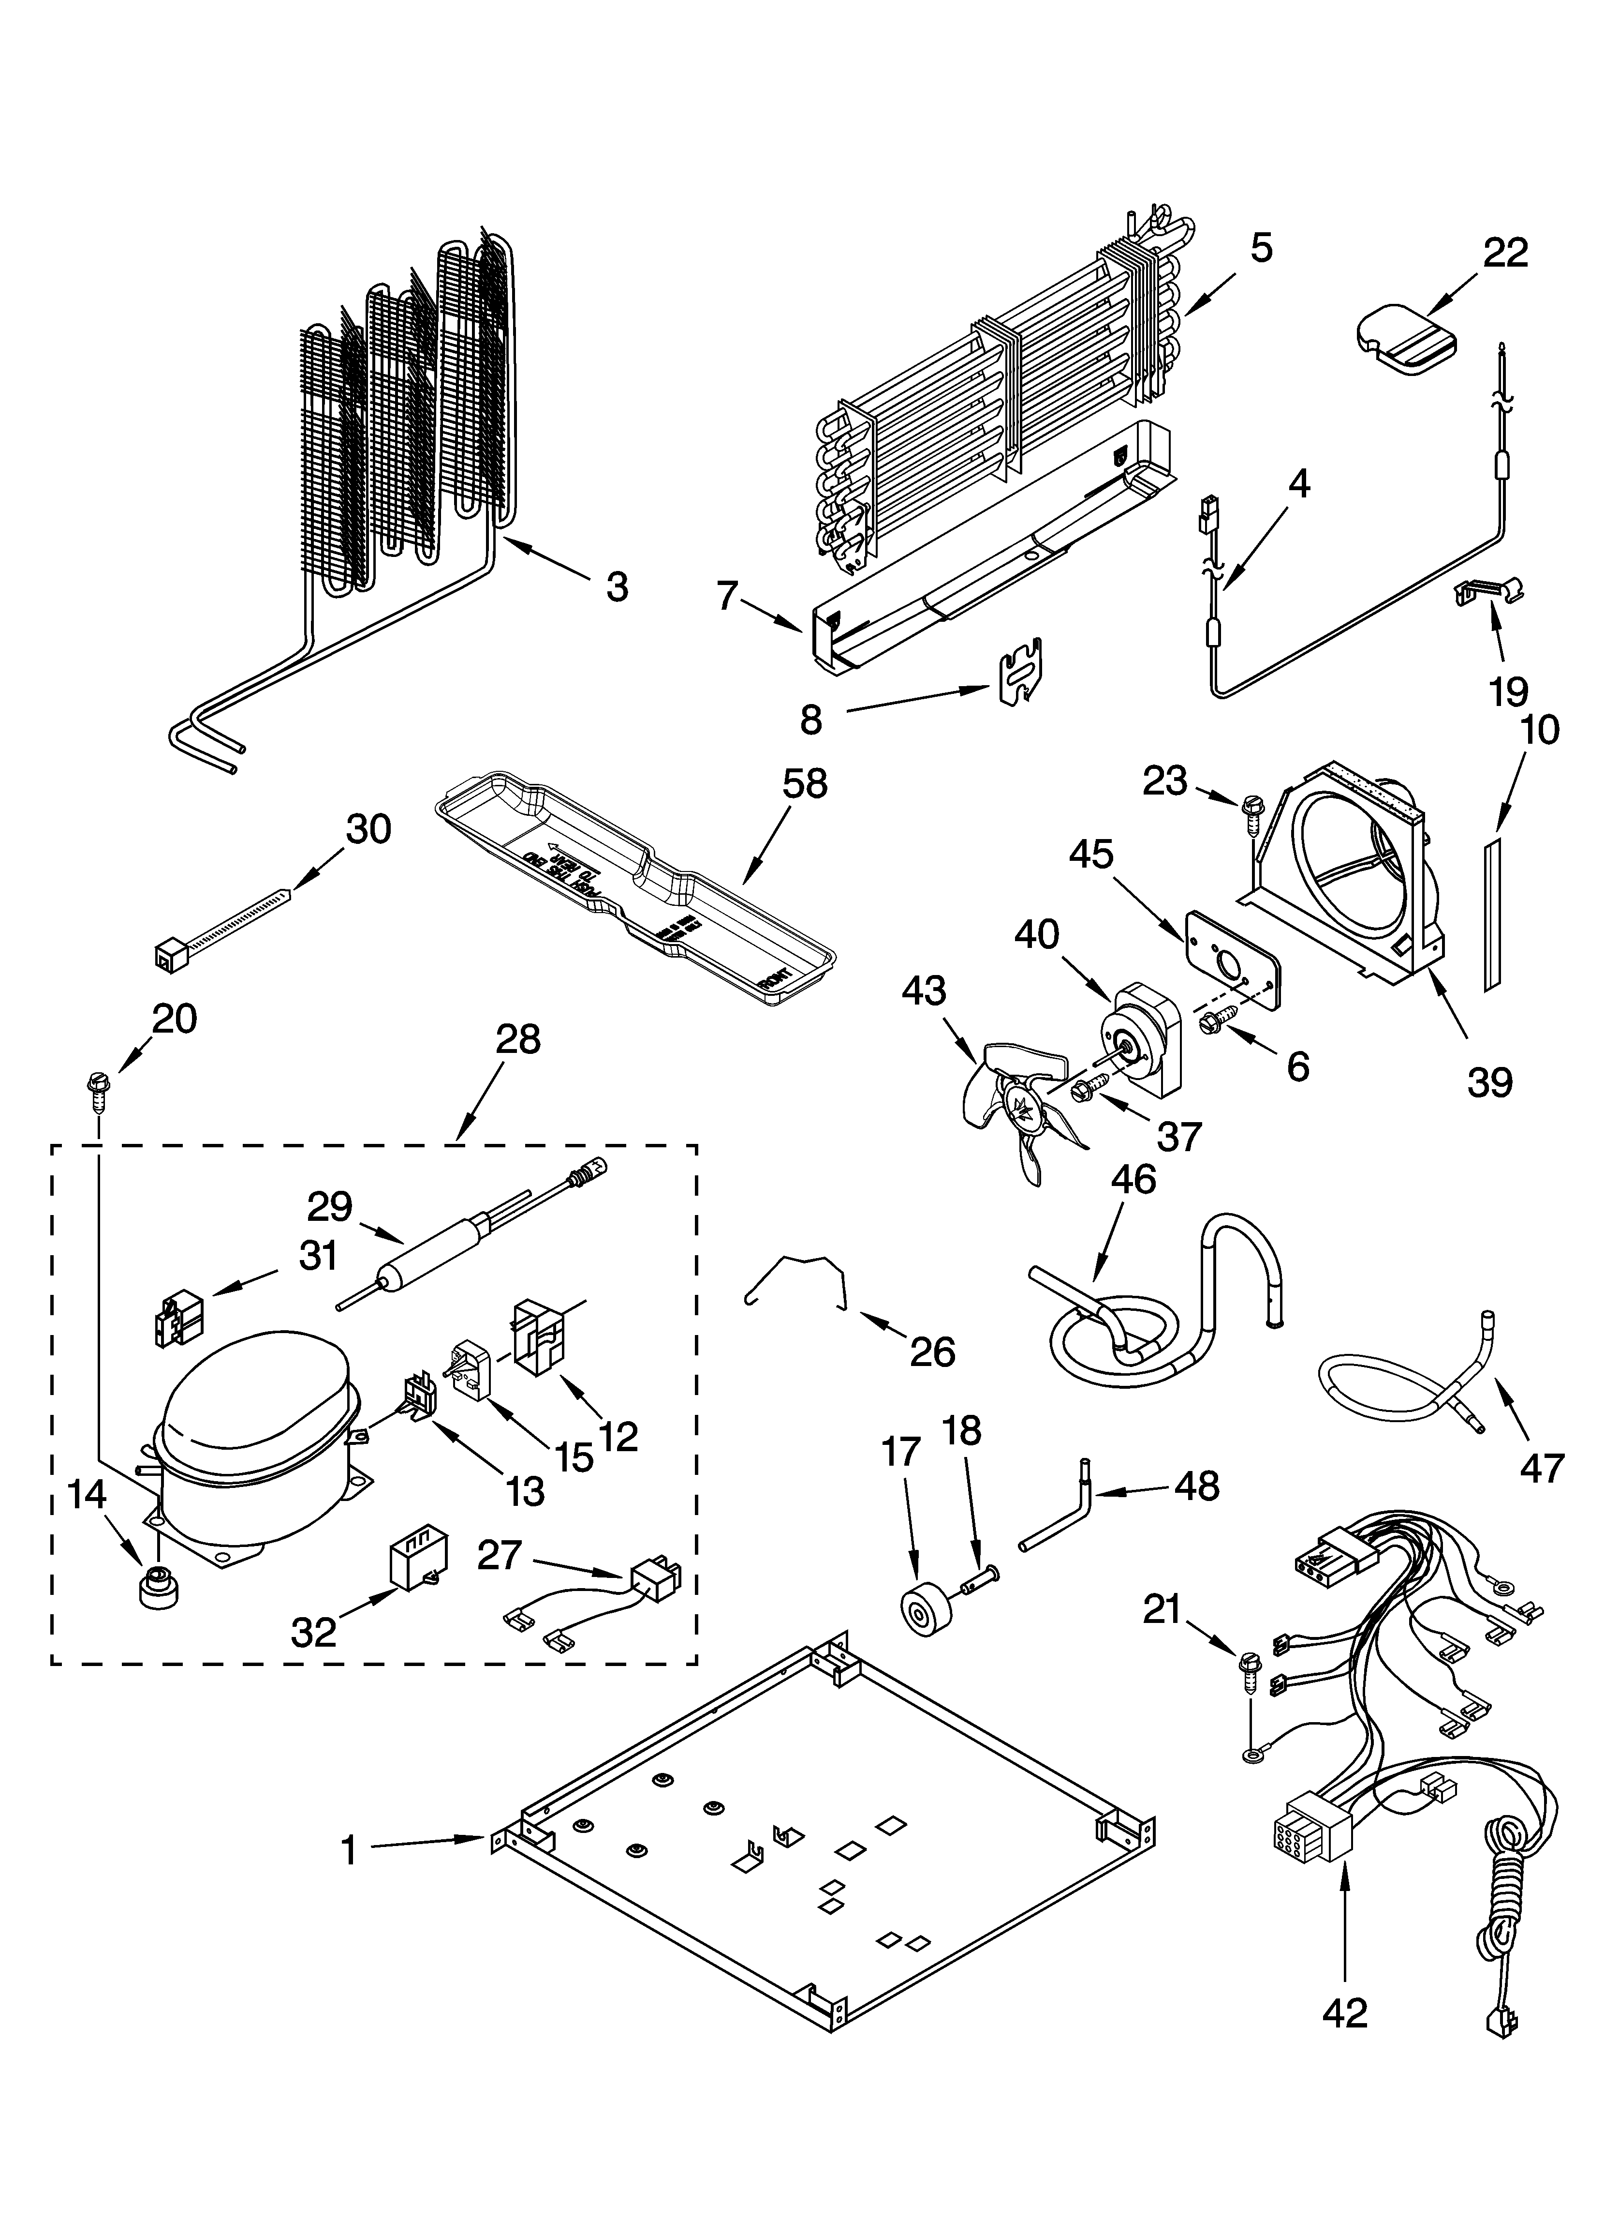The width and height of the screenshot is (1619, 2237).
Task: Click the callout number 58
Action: click(x=805, y=784)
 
